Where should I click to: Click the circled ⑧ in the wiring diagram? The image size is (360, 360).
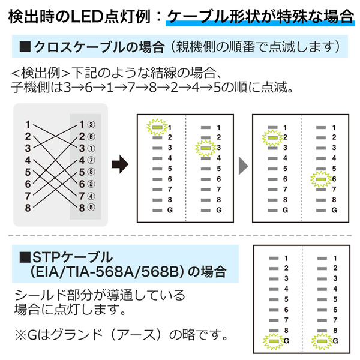point(91,173)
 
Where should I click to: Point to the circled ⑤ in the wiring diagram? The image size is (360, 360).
point(91,208)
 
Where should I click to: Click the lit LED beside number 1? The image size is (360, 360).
point(157,127)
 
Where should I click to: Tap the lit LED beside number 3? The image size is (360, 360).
point(205,148)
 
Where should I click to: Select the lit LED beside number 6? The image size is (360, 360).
point(319,179)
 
